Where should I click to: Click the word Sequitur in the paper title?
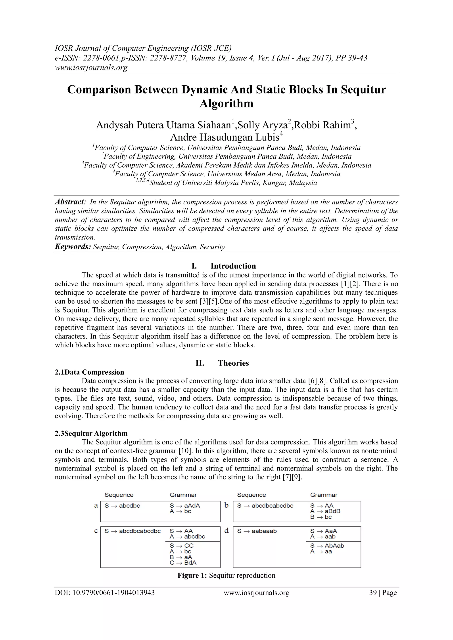tap(363, 90)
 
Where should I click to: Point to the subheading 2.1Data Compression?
tap(89, 372)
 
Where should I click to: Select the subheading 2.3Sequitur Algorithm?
tap(91, 433)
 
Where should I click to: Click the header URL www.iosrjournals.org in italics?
tap(91, 67)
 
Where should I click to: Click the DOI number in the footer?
tap(105, 593)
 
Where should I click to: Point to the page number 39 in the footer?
tap(373, 593)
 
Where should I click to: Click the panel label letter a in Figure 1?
tap(96, 505)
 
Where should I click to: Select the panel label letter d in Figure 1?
tap(226, 530)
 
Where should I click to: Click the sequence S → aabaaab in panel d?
tap(257, 531)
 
